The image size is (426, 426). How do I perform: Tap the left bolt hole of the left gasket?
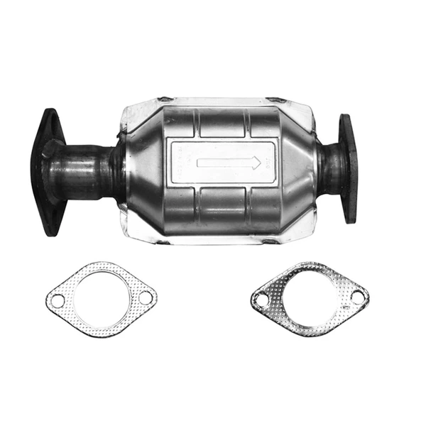pos(56,301)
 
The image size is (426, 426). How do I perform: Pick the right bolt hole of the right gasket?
pos(357,295)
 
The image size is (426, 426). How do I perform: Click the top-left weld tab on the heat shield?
pos(165,99)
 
